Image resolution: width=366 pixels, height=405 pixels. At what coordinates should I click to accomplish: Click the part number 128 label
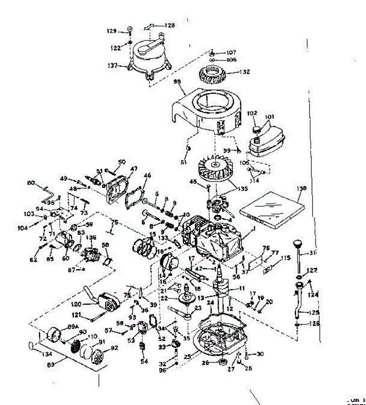pyautogui.click(x=170, y=25)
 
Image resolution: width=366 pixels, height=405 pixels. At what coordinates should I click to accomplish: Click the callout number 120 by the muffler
pyautogui.click(x=76, y=304)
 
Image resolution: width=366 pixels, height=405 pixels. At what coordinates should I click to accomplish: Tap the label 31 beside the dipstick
pyautogui.click(x=312, y=253)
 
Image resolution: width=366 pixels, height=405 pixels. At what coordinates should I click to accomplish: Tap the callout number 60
pyautogui.click(x=65, y=258)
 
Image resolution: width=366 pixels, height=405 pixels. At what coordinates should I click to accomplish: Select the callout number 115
pyautogui.click(x=285, y=258)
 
